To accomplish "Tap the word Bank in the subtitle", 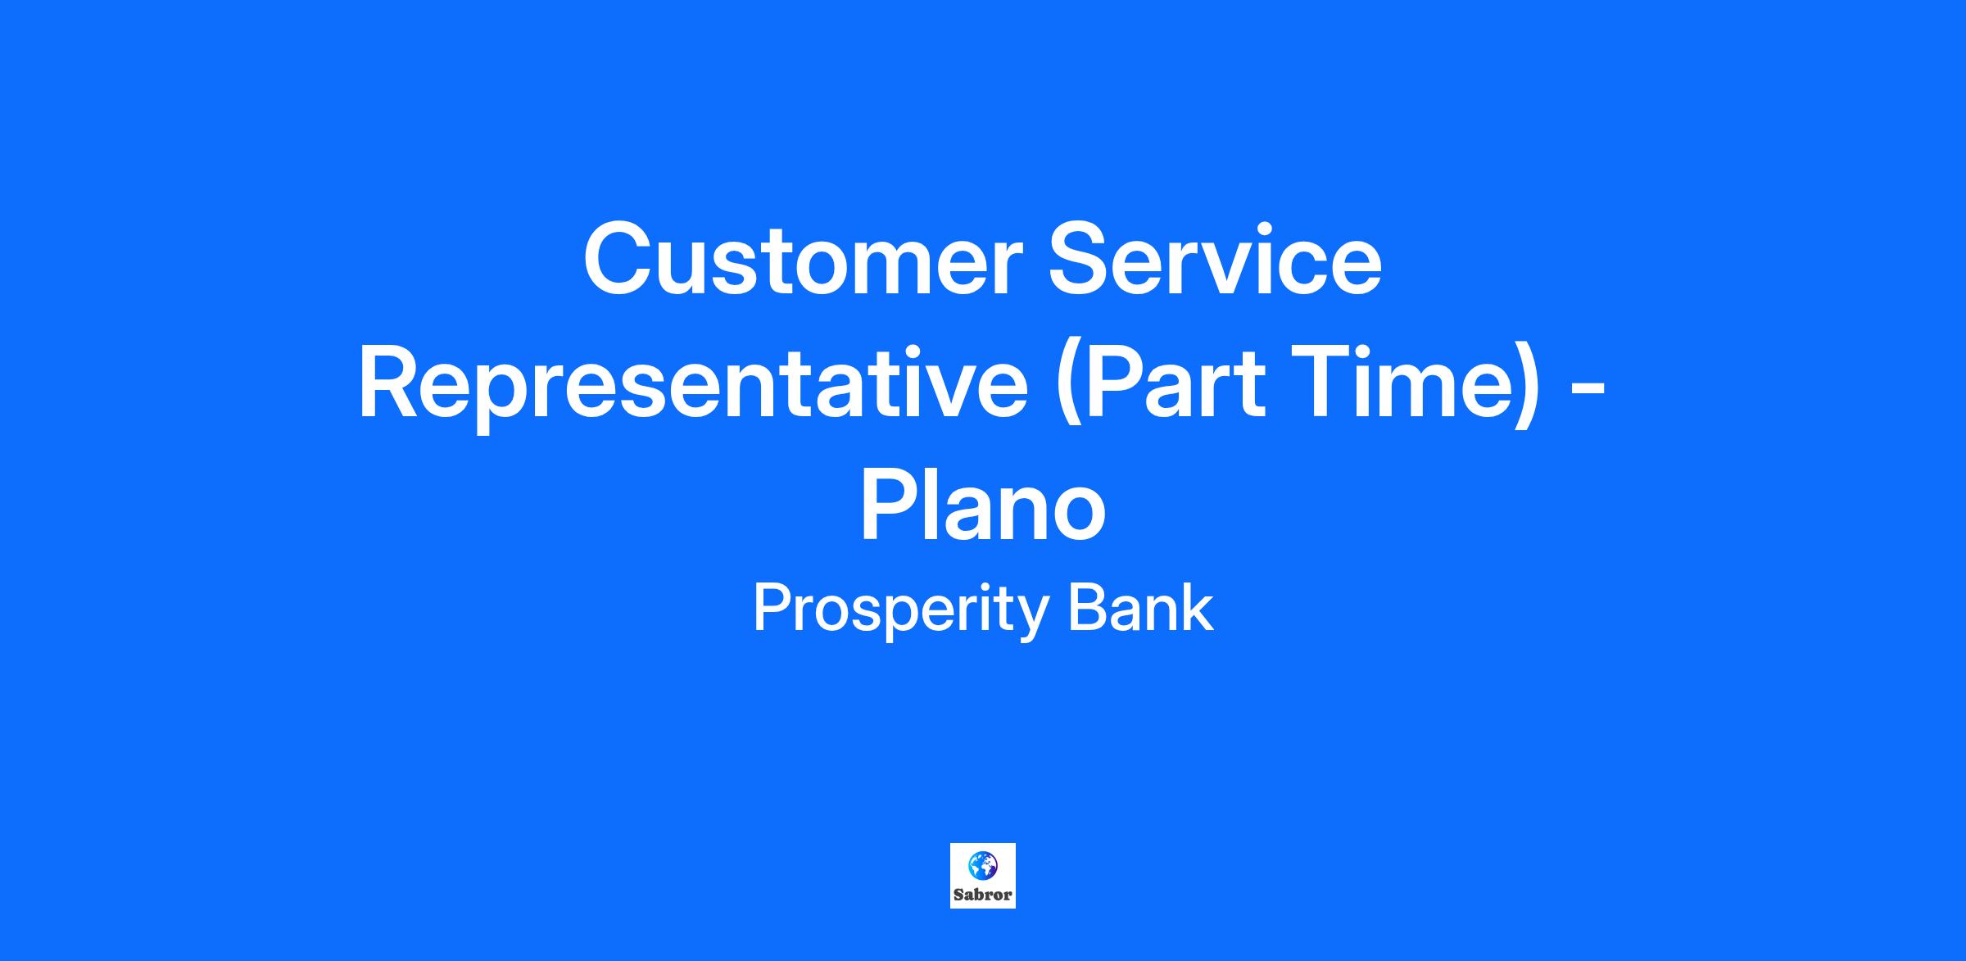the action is (x=1140, y=608).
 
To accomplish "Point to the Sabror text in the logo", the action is (x=983, y=895).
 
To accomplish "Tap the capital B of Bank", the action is (x=1087, y=608).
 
